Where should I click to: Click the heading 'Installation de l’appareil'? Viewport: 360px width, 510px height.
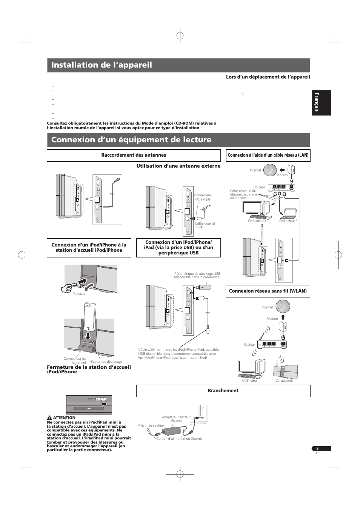point(102,65)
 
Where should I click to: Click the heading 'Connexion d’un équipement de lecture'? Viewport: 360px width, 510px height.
point(131,140)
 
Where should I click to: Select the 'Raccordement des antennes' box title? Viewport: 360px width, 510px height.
point(134,155)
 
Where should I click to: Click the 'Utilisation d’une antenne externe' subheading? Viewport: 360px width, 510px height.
point(178,166)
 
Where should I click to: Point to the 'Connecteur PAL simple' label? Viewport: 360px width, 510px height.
point(203,197)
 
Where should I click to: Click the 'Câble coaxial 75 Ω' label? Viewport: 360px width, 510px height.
point(205,225)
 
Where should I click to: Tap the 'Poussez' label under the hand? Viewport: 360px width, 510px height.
point(78,294)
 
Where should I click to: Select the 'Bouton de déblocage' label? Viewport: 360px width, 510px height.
point(106,362)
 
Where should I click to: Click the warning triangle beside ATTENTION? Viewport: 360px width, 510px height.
point(49,418)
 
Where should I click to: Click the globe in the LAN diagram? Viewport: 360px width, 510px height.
point(269,170)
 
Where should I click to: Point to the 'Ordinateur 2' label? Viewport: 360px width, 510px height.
point(288,221)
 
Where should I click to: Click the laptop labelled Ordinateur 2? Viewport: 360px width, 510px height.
point(288,214)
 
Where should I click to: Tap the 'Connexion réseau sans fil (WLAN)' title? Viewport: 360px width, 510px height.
point(268,291)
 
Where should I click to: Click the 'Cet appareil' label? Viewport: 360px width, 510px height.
point(284,381)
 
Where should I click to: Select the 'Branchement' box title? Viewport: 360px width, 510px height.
point(223,391)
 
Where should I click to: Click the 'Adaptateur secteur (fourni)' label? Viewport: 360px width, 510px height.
point(176,419)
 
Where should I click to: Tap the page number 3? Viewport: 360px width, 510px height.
point(317,448)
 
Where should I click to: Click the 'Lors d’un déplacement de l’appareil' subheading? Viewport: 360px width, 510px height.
point(268,77)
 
